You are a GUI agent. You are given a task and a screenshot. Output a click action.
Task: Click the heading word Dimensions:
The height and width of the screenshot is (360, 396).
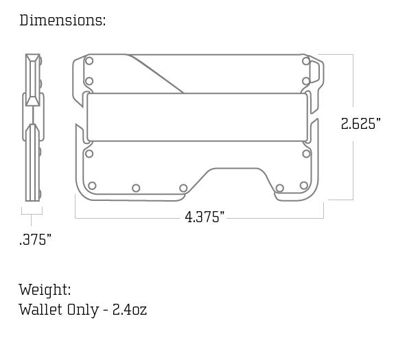pyautogui.click(x=62, y=20)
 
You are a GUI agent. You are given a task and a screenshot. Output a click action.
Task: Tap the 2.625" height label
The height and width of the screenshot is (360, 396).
pyautogui.click(x=360, y=124)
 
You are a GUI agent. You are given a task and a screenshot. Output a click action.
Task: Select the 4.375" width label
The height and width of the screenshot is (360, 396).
pyautogui.click(x=205, y=217)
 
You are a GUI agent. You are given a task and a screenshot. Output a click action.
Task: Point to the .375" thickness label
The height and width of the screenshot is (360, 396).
pyautogui.click(x=35, y=240)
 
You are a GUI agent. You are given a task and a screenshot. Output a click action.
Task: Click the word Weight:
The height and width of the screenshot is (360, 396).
pyautogui.click(x=45, y=289)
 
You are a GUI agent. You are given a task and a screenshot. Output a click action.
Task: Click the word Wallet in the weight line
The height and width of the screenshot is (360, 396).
pyautogui.click(x=40, y=309)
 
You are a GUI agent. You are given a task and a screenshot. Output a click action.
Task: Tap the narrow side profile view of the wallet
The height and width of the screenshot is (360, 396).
pyautogui.click(x=33, y=127)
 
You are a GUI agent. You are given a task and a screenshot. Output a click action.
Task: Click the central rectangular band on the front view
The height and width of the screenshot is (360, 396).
pyautogui.click(x=197, y=117)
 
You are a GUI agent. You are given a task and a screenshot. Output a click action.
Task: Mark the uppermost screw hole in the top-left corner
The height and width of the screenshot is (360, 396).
pyautogui.click(x=89, y=61)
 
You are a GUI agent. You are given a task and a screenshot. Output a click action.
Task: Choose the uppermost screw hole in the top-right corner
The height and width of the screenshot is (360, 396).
pyautogui.click(x=305, y=61)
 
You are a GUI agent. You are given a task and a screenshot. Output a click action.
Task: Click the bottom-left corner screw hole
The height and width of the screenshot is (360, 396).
pyautogui.click(x=92, y=186)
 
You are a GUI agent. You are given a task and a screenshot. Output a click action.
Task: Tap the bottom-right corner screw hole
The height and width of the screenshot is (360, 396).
pyautogui.click(x=303, y=186)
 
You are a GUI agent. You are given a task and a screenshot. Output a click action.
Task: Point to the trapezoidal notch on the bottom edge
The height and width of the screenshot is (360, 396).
pyautogui.click(x=233, y=180)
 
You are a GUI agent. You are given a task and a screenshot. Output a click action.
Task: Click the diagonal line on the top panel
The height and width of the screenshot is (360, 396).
pyautogui.click(x=156, y=74)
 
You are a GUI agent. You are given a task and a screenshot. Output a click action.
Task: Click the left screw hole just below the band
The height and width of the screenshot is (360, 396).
pyautogui.click(x=89, y=154)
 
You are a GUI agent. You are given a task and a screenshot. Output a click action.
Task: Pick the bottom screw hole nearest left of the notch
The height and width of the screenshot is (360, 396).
pyautogui.click(x=183, y=189)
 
